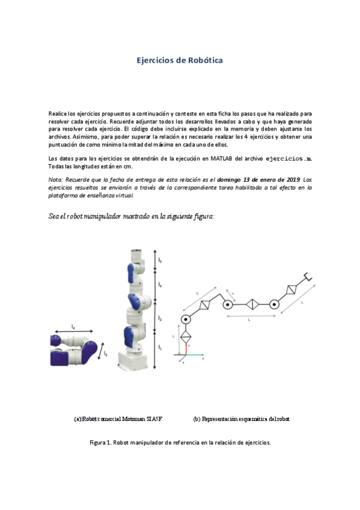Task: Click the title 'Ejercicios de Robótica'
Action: (x=180, y=61)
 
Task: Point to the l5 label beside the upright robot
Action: (x=160, y=260)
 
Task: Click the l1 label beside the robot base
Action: (x=160, y=348)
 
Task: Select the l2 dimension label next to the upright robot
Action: (x=160, y=316)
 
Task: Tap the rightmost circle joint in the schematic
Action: (x=274, y=304)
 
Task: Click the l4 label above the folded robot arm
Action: (x=73, y=327)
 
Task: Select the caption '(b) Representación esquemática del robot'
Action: (x=241, y=419)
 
